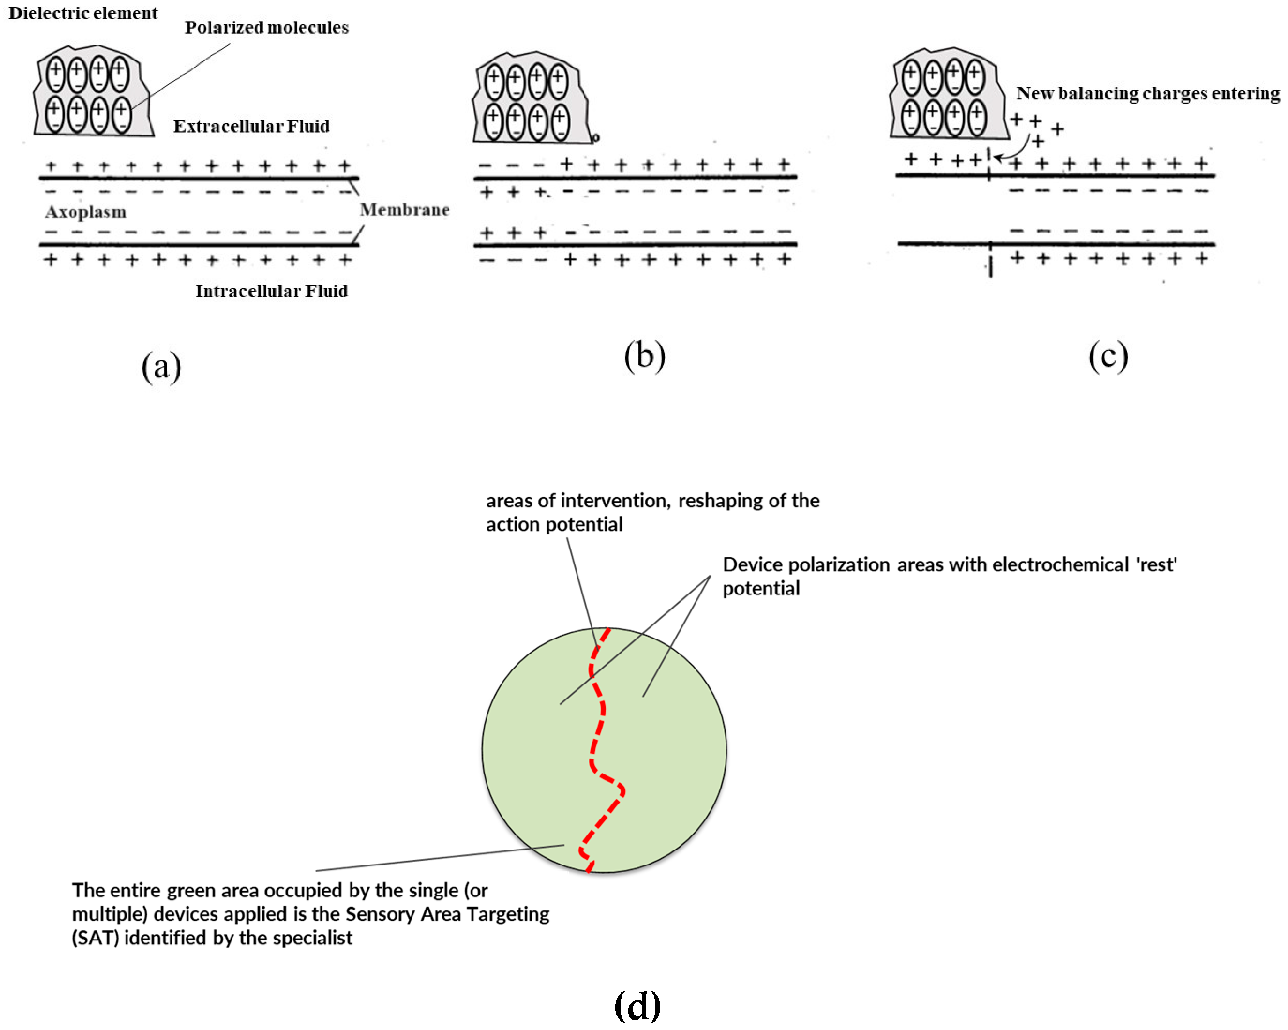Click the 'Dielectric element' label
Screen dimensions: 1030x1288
(82, 13)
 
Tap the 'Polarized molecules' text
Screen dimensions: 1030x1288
(266, 28)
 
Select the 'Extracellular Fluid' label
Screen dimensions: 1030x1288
(251, 126)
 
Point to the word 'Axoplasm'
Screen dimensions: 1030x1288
(85, 211)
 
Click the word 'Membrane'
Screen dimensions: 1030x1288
(404, 210)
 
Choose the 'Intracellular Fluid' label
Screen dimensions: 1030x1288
(271, 291)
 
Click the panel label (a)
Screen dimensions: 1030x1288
(161, 366)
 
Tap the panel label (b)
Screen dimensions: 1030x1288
(644, 356)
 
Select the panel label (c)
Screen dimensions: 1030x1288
(1108, 356)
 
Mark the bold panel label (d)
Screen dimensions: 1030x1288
(637, 1006)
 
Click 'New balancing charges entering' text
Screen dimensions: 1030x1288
(1147, 93)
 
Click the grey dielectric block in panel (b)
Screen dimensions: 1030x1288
(529, 98)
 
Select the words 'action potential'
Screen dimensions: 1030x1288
(554, 525)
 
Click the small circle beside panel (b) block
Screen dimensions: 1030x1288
(595, 138)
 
